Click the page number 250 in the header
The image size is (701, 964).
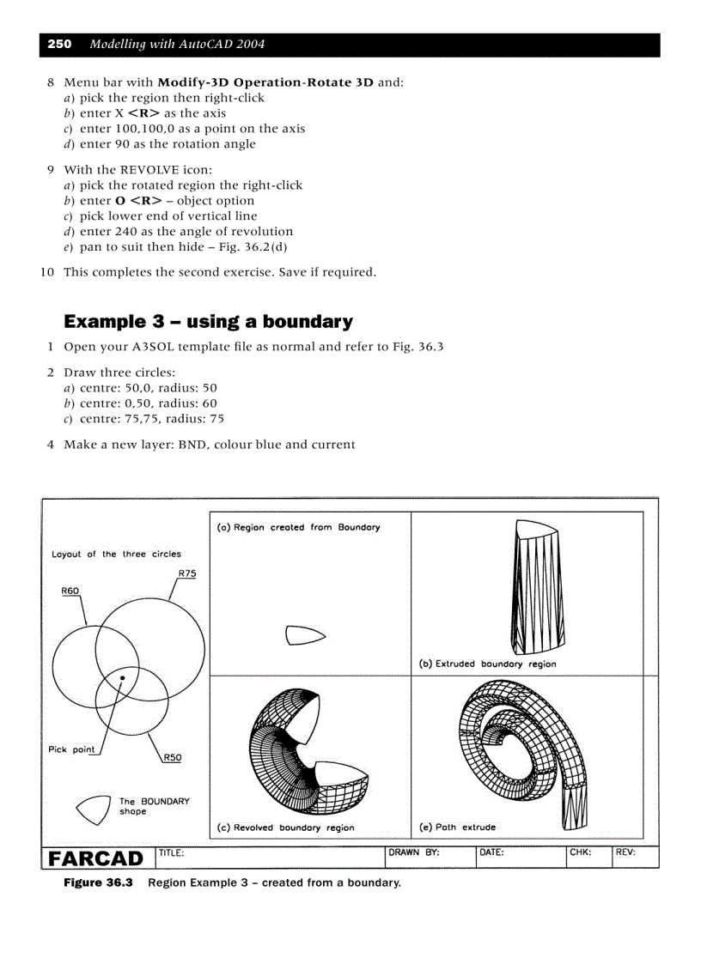(59, 44)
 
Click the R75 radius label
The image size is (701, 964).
(186, 573)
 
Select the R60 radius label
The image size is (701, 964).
(70, 591)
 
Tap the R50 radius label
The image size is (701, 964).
(172, 757)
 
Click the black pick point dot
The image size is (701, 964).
(123, 678)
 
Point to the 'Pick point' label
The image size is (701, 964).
(71, 749)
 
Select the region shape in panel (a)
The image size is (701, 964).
(304, 635)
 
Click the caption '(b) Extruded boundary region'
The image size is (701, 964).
(487, 664)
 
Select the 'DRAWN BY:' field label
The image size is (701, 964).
(414, 853)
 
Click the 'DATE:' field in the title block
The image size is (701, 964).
(491, 853)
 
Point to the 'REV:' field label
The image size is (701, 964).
(625, 853)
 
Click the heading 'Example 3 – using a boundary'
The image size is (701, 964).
(208, 322)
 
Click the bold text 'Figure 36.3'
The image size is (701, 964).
(98, 882)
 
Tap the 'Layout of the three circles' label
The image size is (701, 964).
(116, 554)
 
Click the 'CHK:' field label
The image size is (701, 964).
(581, 853)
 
